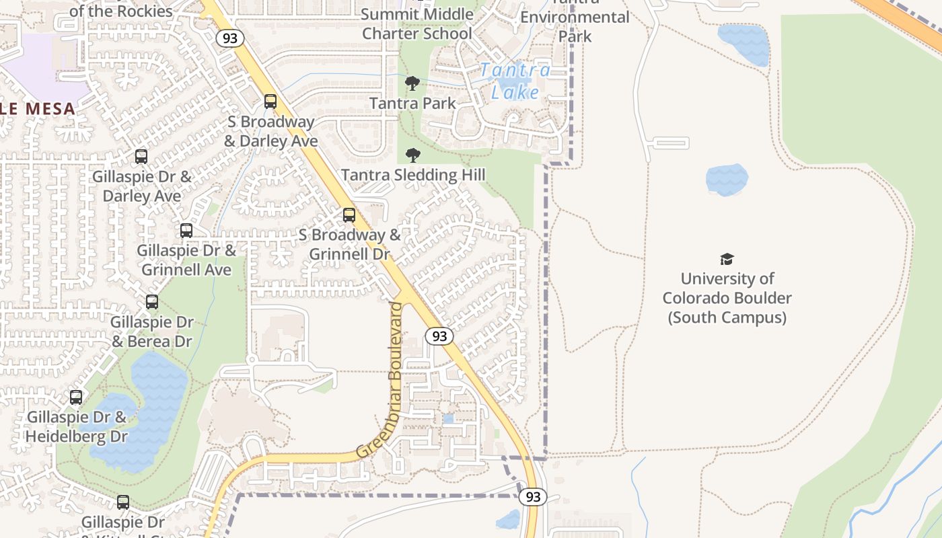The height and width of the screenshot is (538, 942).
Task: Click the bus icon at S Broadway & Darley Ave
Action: pyautogui.click(x=270, y=102)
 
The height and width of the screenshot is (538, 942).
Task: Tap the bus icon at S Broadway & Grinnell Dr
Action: pyautogui.click(x=349, y=215)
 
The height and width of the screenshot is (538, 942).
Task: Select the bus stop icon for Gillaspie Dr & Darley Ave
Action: pyautogui.click(x=141, y=157)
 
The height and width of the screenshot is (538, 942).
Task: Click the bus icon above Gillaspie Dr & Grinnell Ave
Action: pyautogui.click(x=186, y=231)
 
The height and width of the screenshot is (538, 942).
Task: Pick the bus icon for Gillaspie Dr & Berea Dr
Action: pyautogui.click(x=152, y=302)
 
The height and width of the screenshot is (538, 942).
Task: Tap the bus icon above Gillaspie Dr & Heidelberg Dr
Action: pyautogui.click(x=76, y=397)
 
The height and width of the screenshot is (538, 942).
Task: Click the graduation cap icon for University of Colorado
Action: pyautogui.click(x=727, y=259)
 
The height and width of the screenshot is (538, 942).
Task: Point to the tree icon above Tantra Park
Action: pyautogui.click(x=412, y=83)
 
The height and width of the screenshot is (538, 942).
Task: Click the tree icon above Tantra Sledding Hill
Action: pyautogui.click(x=413, y=155)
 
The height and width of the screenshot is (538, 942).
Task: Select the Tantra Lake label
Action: pyautogui.click(x=515, y=81)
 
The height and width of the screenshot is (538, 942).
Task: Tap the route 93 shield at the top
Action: pyautogui.click(x=230, y=38)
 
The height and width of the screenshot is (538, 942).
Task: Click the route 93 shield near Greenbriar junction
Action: pyautogui.click(x=439, y=336)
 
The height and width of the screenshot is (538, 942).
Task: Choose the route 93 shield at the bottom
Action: pyautogui.click(x=533, y=497)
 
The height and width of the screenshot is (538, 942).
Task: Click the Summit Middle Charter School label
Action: pyautogui.click(x=416, y=24)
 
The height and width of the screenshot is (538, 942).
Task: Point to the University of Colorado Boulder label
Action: pyautogui.click(x=727, y=298)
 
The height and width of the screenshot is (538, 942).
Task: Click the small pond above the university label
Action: pyautogui.click(x=727, y=180)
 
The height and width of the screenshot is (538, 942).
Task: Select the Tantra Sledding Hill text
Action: pyautogui.click(x=412, y=176)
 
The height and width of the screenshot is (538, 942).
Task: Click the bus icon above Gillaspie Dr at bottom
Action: pyautogui.click(x=123, y=502)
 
